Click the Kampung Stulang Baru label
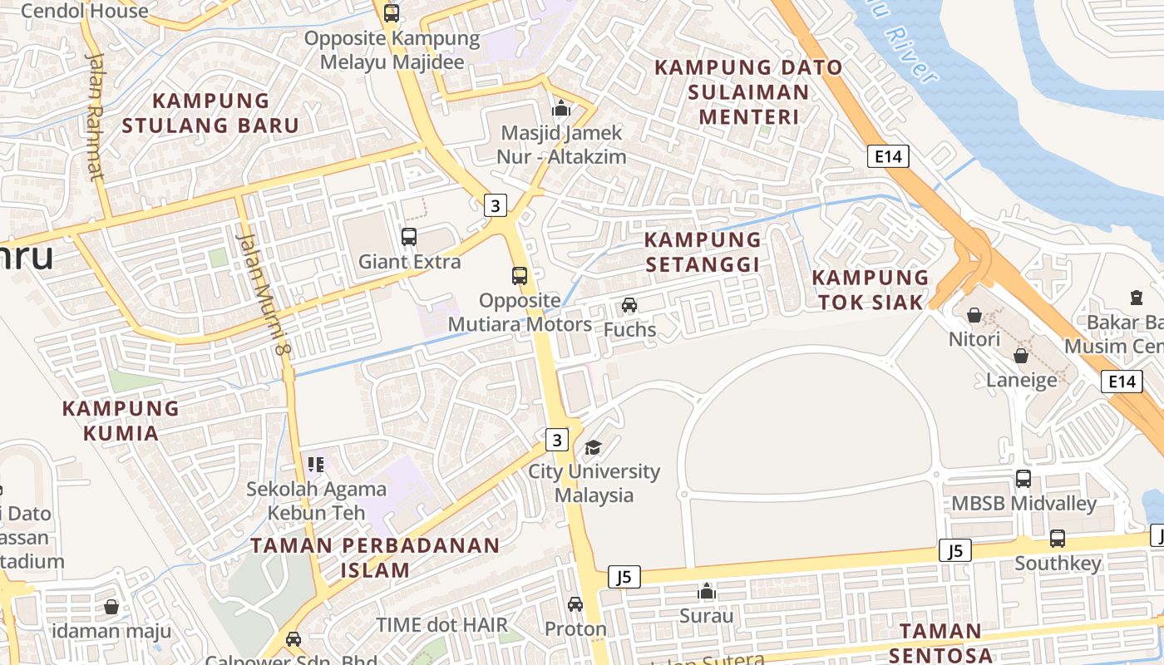(211, 113)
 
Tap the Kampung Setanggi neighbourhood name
(703, 252)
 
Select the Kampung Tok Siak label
(871, 289)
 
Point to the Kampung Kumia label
(121, 420)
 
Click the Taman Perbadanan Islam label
(375, 558)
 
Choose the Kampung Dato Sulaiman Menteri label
(748, 91)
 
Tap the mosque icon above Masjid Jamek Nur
(561, 108)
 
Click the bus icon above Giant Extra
(409, 237)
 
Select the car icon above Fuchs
(629, 305)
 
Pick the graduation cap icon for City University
(593, 448)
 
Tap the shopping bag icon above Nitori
(974, 315)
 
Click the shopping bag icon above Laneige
(1021, 356)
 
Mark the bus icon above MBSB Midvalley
(1023, 479)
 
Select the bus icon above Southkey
(1058, 539)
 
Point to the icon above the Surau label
(707, 591)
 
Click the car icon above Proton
(575, 604)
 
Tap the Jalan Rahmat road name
(96, 116)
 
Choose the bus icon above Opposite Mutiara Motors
(520, 276)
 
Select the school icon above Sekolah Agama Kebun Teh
(315, 464)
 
